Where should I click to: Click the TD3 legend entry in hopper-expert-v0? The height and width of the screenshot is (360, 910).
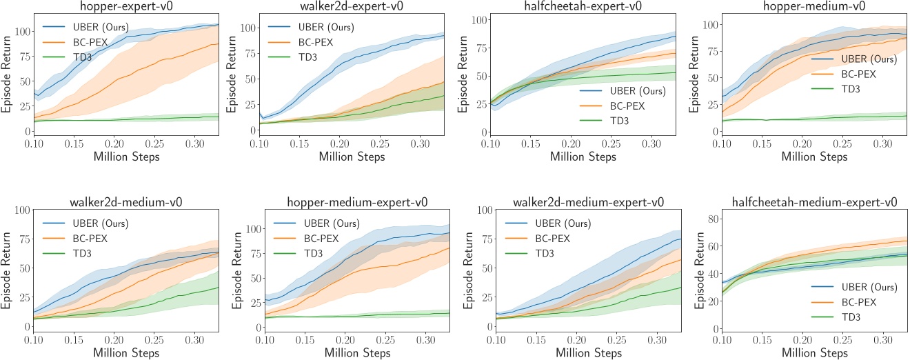click(77, 58)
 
